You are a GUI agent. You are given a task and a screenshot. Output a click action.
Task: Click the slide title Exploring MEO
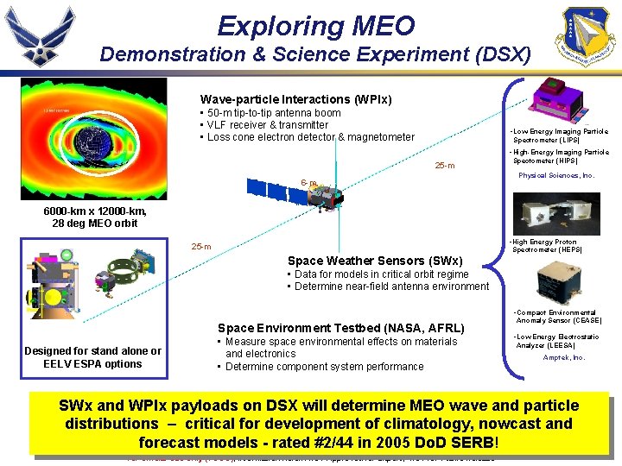[315, 26]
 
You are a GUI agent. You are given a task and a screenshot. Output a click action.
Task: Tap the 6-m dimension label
[308, 183]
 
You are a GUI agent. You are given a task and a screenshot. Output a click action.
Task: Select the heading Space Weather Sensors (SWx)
[375, 261]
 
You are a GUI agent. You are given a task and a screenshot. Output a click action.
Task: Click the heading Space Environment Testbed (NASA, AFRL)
[341, 328]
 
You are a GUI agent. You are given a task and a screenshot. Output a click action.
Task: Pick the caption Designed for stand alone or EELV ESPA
[92, 357]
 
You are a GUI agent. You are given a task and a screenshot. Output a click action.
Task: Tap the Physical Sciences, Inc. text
[556, 175]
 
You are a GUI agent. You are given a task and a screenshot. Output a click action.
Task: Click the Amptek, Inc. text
[563, 357]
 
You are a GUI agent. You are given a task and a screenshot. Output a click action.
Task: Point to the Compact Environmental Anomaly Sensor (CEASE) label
[557, 317]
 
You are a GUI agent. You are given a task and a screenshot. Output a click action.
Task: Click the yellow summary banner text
[319, 423]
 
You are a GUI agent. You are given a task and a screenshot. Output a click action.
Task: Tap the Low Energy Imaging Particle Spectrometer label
[560, 135]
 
